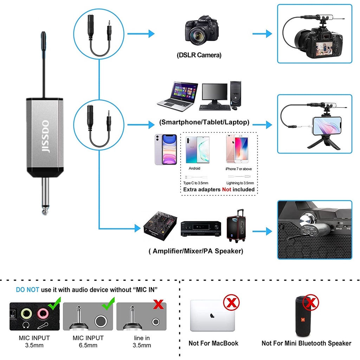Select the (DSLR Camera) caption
click(x=199, y=55)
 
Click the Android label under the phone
click(x=194, y=168)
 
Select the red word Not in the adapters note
click(x=226, y=189)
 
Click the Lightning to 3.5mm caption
click(x=240, y=183)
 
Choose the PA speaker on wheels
click(x=236, y=229)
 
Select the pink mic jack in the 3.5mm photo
click(x=43, y=313)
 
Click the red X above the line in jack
click(x=159, y=304)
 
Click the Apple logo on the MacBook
click(x=212, y=315)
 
